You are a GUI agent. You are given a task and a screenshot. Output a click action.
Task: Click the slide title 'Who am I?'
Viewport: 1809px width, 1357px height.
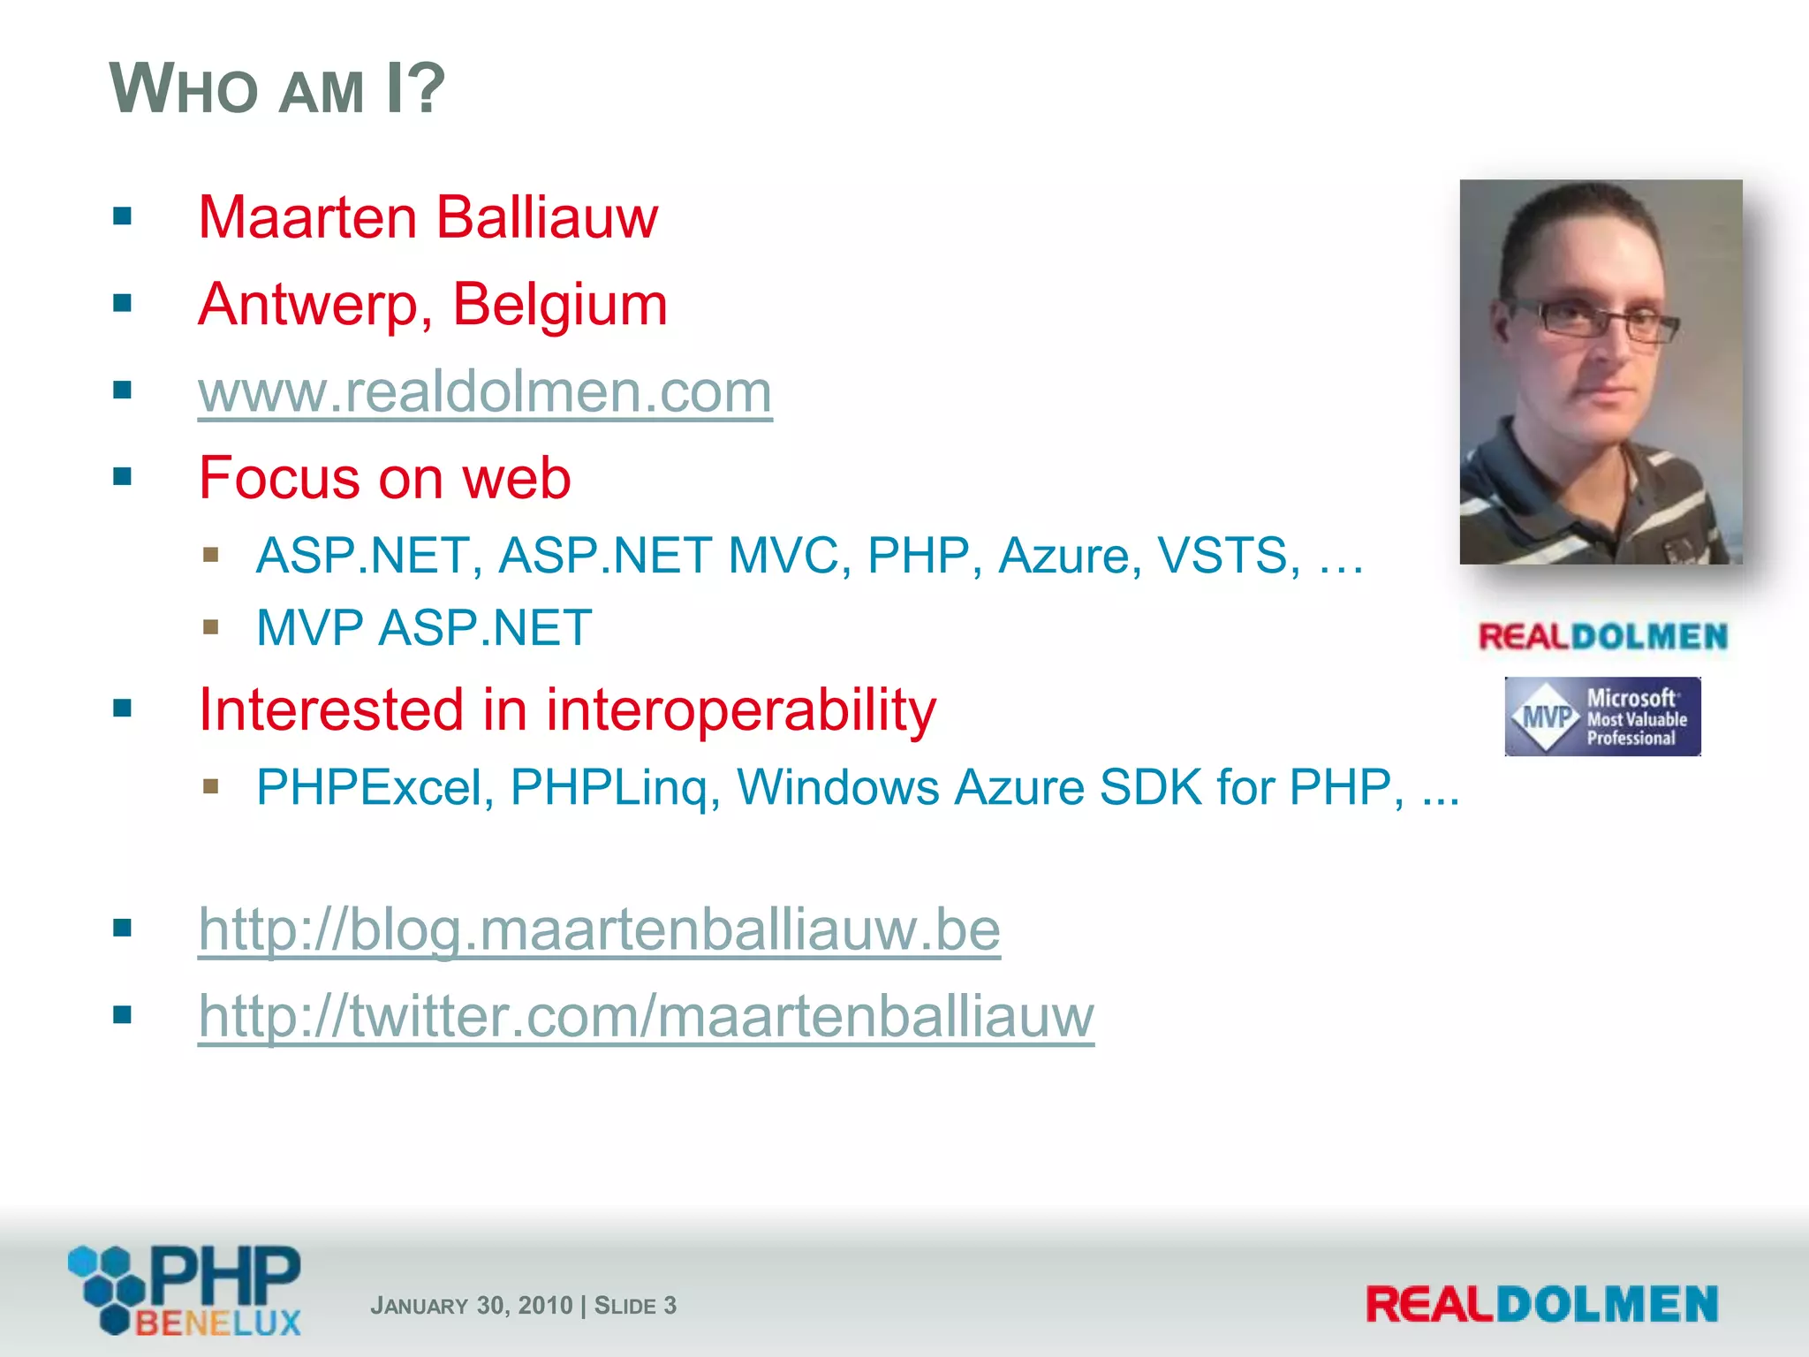[x=277, y=88]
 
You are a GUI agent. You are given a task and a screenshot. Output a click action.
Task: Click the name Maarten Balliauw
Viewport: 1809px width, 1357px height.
[x=428, y=217]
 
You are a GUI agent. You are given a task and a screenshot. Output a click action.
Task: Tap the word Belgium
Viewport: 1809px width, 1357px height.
[x=559, y=304]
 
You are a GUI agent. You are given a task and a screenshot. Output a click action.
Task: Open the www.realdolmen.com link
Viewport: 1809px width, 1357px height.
[x=485, y=391]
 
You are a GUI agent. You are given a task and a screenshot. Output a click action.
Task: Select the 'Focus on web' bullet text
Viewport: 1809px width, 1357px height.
[x=384, y=478]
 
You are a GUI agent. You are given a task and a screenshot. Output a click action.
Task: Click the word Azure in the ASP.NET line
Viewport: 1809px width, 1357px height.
[x=1063, y=556]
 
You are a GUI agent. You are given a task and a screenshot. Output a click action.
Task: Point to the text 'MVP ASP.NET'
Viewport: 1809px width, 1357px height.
[x=423, y=628]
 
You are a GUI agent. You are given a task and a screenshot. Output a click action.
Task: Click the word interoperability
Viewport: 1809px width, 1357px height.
[x=740, y=709]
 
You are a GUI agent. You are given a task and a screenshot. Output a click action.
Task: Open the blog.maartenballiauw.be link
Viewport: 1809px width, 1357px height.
[x=599, y=929]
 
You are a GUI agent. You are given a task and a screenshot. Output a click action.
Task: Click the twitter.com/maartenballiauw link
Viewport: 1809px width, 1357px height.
[x=646, y=1016]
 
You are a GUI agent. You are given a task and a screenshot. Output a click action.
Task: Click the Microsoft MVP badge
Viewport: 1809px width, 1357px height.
[x=1602, y=716]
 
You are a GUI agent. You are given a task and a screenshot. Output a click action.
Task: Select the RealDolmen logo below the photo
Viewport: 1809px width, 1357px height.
[x=1602, y=637]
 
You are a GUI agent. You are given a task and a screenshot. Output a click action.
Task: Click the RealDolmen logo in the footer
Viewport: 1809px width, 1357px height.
[x=1541, y=1305]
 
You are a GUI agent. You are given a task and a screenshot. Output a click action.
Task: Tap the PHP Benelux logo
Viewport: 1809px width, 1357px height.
[x=186, y=1290]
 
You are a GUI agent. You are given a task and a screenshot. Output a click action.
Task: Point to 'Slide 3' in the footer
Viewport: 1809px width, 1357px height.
[x=635, y=1306]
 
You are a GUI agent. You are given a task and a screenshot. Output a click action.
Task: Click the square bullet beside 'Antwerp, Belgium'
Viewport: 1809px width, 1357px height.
[x=123, y=304]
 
